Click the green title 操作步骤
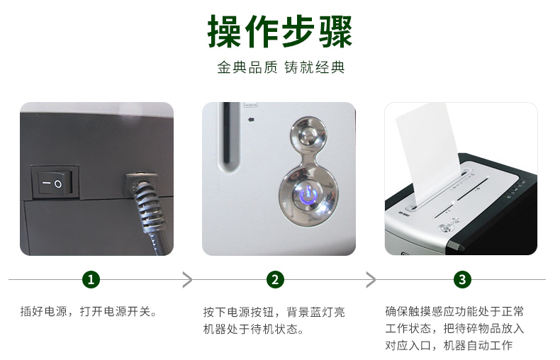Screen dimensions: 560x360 coord(279,31)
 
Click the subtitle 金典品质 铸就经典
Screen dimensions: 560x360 coord(281,67)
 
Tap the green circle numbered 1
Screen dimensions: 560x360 coord(91,279)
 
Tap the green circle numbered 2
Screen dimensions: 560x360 coord(275,279)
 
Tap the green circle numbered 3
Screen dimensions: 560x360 coord(462,279)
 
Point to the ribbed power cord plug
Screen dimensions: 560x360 coord(147,201)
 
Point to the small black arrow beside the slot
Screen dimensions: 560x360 coord(251,120)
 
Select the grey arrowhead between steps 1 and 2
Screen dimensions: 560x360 coord(187,279)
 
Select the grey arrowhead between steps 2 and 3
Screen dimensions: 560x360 coord(371,279)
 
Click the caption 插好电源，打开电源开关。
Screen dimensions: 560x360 coord(89,311)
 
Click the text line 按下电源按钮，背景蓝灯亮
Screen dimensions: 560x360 coord(274,312)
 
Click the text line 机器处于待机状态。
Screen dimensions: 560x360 coord(254,329)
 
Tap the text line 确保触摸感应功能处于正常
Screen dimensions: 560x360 coord(454,311)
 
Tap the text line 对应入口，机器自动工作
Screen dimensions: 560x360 coord(449,345)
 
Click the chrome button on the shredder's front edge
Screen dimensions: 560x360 coord(447,227)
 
